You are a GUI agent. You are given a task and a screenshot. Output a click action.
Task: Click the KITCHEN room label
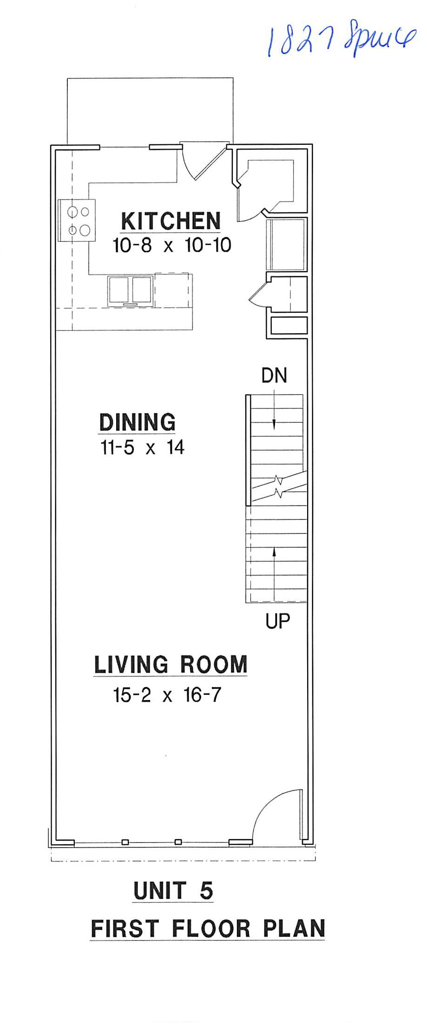click(x=171, y=221)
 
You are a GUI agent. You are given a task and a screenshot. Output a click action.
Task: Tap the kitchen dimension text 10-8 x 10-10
click(x=171, y=245)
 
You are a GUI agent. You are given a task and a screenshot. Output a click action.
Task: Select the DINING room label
click(x=138, y=422)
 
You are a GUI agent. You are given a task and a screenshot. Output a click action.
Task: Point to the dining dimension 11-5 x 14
click(x=142, y=447)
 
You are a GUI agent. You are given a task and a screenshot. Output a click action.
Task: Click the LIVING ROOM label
click(x=171, y=664)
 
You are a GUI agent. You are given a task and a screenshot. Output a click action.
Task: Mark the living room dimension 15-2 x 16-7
click(x=167, y=695)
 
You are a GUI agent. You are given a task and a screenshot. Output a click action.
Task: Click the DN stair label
click(x=274, y=376)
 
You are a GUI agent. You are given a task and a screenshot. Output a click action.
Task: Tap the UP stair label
click(x=277, y=621)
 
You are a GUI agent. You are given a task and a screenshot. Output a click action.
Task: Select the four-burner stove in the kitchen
click(x=77, y=220)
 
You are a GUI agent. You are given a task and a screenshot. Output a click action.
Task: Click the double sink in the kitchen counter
click(x=131, y=290)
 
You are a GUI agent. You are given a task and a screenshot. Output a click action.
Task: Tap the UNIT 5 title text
click(x=173, y=891)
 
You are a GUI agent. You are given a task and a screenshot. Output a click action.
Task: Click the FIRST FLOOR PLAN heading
click(x=208, y=929)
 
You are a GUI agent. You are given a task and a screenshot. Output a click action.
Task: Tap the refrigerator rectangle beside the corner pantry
click(x=286, y=244)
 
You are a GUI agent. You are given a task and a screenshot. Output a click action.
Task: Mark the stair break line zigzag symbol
click(x=279, y=486)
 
